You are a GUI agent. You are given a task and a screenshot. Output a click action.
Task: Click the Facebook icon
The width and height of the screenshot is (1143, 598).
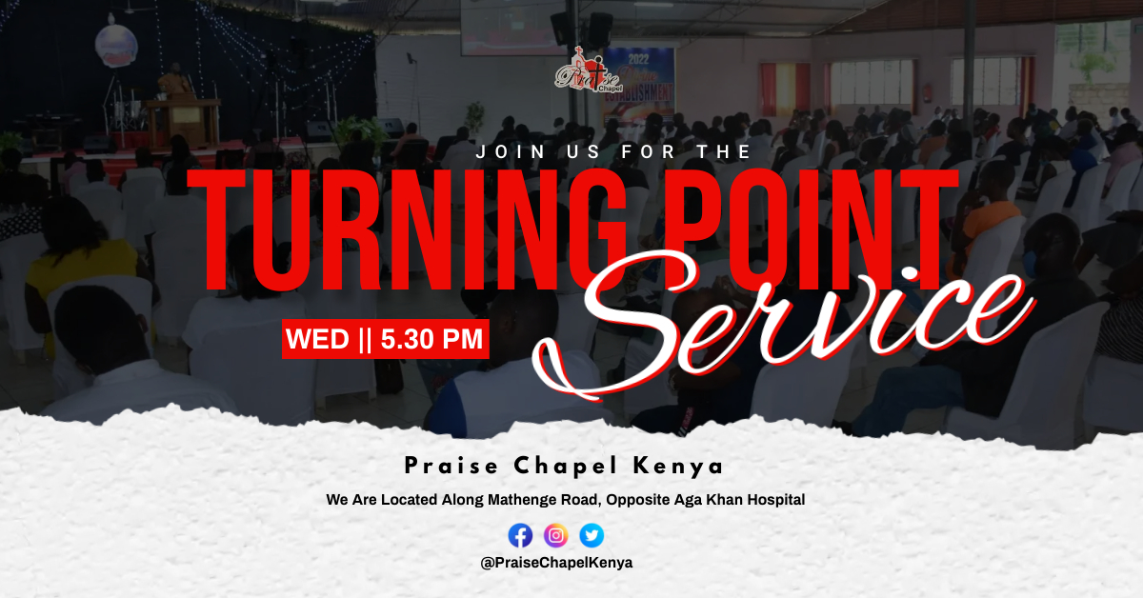pyautogui.click(x=520, y=535)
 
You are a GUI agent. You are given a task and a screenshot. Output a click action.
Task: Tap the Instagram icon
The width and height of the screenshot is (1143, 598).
pyautogui.click(x=555, y=535)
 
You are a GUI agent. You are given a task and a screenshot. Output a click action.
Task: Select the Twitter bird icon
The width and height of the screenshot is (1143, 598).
pyautogui.click(x=592, y=535)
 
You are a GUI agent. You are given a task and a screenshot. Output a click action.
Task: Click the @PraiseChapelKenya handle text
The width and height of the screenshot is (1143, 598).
pyautogui.click(x=556, y=563)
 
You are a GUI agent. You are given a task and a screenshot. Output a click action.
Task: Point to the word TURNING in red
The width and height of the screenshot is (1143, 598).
pyautogui.click(x=407, y=229)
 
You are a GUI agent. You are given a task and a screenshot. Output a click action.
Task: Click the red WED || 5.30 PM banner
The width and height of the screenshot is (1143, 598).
pyautogui.click(x=385, y=339)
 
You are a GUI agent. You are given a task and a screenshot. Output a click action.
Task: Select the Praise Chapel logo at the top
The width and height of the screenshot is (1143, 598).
pyautogui.click(x=589, y=71)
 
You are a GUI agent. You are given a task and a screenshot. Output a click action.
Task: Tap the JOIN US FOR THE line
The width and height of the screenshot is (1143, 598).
pyautogui.click(x=613, y=151)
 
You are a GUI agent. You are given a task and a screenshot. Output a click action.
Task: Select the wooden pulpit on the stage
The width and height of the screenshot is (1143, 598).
pyautogui.click(x=182, y=122)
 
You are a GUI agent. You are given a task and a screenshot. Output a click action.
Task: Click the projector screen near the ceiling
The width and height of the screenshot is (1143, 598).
pyautogui.click(x=511, y=28)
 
